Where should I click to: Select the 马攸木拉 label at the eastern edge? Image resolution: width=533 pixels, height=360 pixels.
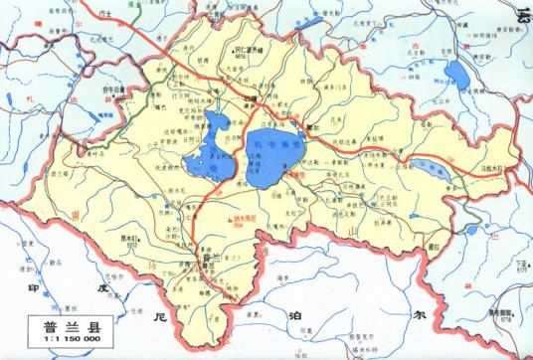(497, 171)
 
